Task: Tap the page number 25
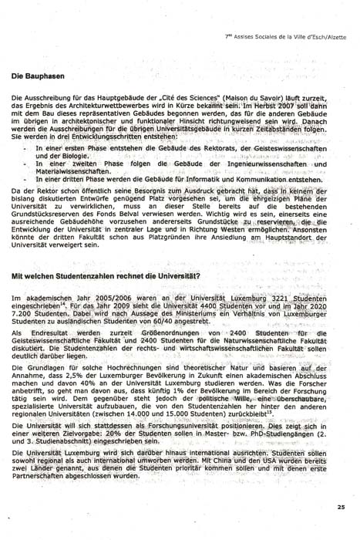[x=341, y=506]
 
